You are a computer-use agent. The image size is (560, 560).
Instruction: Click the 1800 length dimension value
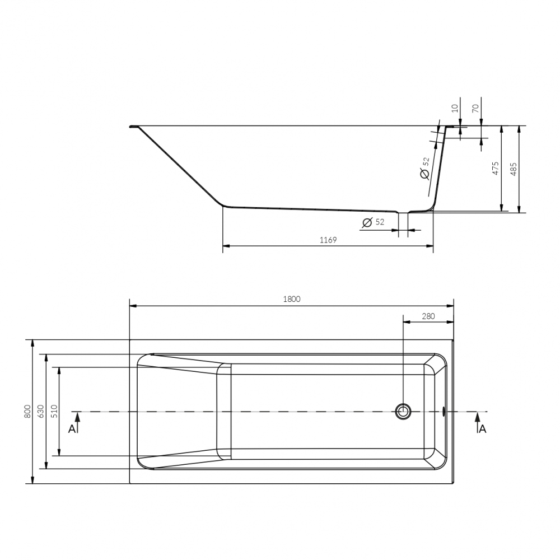tap(291, 299)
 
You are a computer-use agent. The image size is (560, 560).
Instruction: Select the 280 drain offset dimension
tap(428, 316)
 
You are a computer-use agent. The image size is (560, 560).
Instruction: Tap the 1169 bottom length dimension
tap(328, 240)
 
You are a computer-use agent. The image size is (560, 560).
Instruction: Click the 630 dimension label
tap(40, 412)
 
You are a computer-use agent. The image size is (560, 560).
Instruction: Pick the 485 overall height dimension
tap(514, 169)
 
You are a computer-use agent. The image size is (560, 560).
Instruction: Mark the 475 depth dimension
tap(495, 169)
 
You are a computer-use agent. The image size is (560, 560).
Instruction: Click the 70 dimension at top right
tap(475, 109)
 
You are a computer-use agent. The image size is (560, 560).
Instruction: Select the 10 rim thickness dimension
tap(455, 109)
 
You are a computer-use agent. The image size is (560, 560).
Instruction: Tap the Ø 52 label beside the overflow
tap(424, 168)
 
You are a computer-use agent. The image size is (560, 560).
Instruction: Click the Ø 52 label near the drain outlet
tap(374, 223)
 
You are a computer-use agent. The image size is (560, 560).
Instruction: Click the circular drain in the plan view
tap(402, 412)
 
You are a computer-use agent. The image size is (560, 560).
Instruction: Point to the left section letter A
tap(71, 429)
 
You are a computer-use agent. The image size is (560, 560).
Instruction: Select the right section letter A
tap(483, 429)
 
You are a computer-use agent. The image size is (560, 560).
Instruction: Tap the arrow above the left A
tap(78, 419)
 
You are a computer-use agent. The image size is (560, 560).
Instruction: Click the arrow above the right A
tap(477, 419)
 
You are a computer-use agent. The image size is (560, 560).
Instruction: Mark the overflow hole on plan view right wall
tap(444, 412)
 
